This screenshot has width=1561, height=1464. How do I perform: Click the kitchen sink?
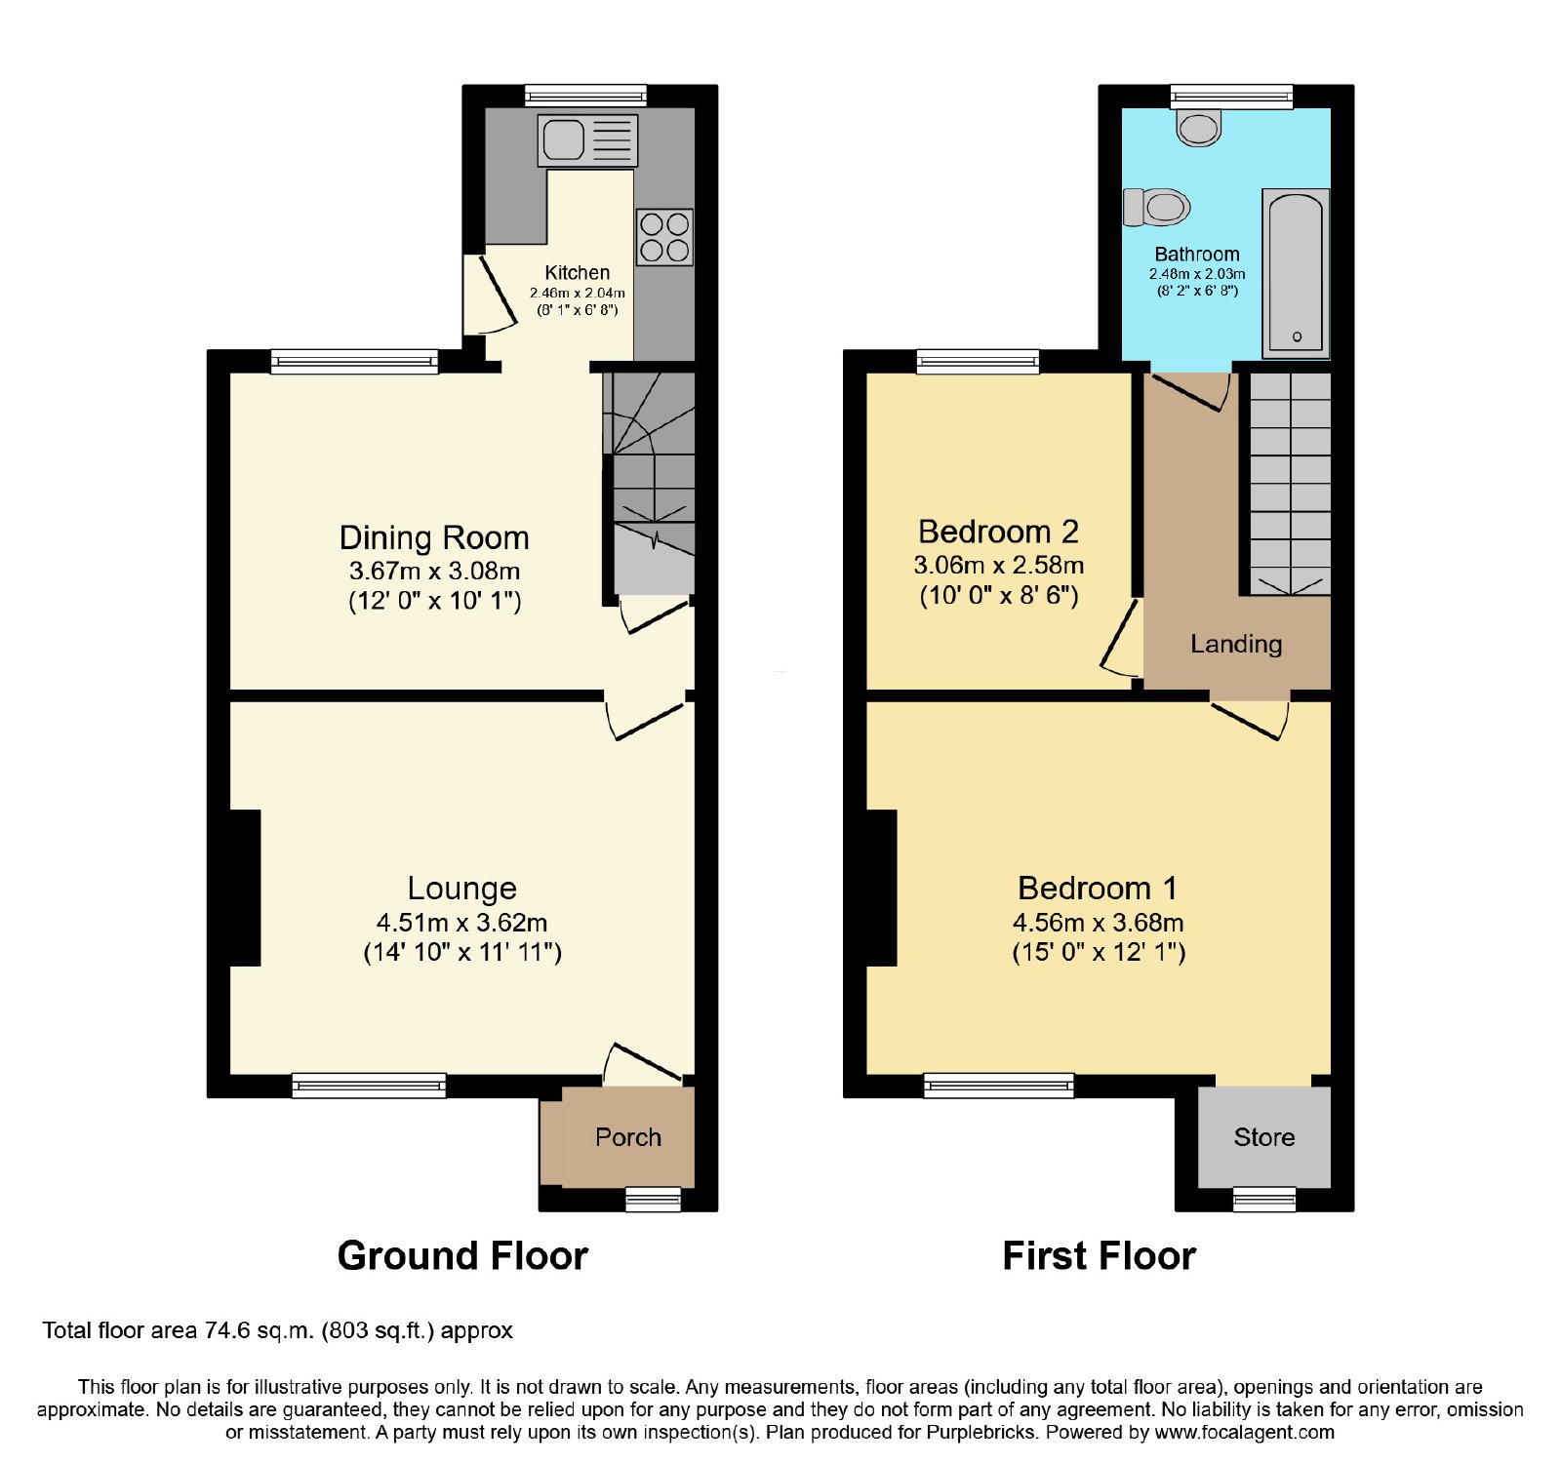[x=587, y=139]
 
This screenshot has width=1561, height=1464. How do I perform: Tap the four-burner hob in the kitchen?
[x=665, y=237]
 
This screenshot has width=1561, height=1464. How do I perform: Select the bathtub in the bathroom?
[x=1296, y=273]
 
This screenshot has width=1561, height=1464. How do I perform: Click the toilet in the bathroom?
[x=1157, y=207]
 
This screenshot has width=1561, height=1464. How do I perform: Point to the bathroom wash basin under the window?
[x=1199, y=128]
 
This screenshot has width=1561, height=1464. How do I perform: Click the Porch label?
[x=628, y=1137]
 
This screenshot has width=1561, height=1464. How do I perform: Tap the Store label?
[x=1264, y=1137]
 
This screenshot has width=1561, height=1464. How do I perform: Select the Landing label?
[x=1236, y=644]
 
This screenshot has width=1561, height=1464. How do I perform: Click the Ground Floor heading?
[x=462, y=1256]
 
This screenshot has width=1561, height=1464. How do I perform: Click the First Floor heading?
[x=1100, y=1256]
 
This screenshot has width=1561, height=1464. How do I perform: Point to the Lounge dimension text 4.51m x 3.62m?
[x=462, y=923]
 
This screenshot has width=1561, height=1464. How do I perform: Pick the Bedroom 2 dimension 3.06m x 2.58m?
[x=999, y=565]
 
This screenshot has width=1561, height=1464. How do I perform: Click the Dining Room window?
[x=355, y=361]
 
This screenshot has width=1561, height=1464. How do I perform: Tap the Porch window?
[x=653, y=1199]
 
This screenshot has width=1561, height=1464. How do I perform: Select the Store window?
[x=1264, y=1199]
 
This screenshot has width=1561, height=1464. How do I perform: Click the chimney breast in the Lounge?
[x=245, y=888]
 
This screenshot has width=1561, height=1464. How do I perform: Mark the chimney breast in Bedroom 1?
[x=882, y=888]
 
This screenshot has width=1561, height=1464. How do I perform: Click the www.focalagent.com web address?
[x=1245, y=1433]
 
